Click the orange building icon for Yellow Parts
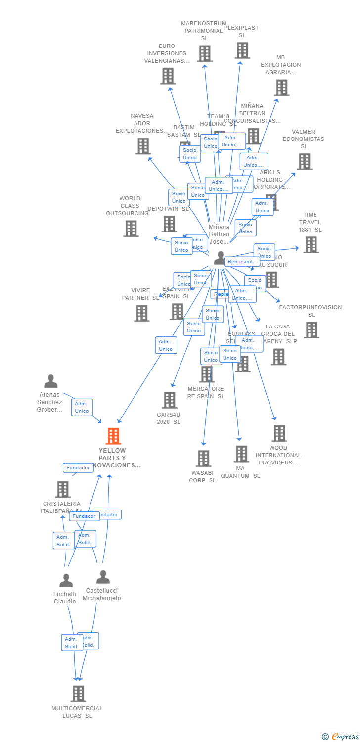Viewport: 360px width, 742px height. (x=113, y=436)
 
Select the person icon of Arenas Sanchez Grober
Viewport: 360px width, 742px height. (x=51, y=381)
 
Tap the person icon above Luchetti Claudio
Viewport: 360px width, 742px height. (x=66, y=580)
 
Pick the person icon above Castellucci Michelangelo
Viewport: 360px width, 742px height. (x=103, y=577)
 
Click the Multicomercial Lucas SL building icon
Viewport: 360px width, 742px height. (x=78, y=694)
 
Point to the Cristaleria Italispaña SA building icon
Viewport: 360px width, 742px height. (x=63, y=489)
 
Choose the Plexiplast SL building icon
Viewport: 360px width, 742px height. (x=242, y=50)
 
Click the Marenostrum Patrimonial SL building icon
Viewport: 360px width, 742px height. (x=205, y=53)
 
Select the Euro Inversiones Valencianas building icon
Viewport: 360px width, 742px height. (x=168, y=76)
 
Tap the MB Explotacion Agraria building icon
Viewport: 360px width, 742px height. (x=282, y=88)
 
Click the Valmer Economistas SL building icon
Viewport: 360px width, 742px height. (x=304, y=161)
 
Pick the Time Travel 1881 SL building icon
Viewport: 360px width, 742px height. (x=311, y=244)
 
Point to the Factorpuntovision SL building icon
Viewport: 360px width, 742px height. (x=312, y=330)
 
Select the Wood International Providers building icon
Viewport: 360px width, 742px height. (x=279, y=433)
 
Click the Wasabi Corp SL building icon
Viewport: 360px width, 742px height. (x=203, y=459)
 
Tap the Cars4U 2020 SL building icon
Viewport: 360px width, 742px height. (x=169, y=400)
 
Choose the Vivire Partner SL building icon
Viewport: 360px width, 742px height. (x=141, y=313)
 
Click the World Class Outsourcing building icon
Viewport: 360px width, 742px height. (x=131, y=229)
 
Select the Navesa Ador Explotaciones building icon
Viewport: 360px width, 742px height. (x=143, y=146)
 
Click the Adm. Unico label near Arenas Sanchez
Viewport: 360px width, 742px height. (x=82, y=407)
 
